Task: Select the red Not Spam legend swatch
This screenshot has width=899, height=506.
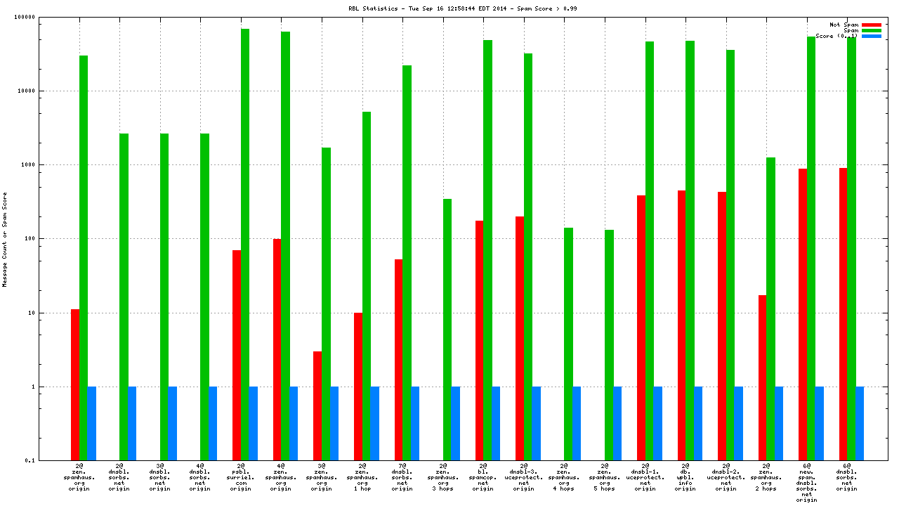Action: [872, 25]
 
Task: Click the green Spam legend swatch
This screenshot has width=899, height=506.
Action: [872, 30]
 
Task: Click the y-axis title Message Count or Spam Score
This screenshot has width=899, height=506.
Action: [5, 239]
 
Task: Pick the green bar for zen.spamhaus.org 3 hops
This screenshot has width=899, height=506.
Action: [447, 330]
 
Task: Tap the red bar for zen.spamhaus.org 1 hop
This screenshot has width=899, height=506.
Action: [358, 387]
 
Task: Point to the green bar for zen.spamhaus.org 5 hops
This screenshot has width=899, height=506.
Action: [609, 345]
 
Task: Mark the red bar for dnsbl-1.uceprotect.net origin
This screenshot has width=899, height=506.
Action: [641, 327]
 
